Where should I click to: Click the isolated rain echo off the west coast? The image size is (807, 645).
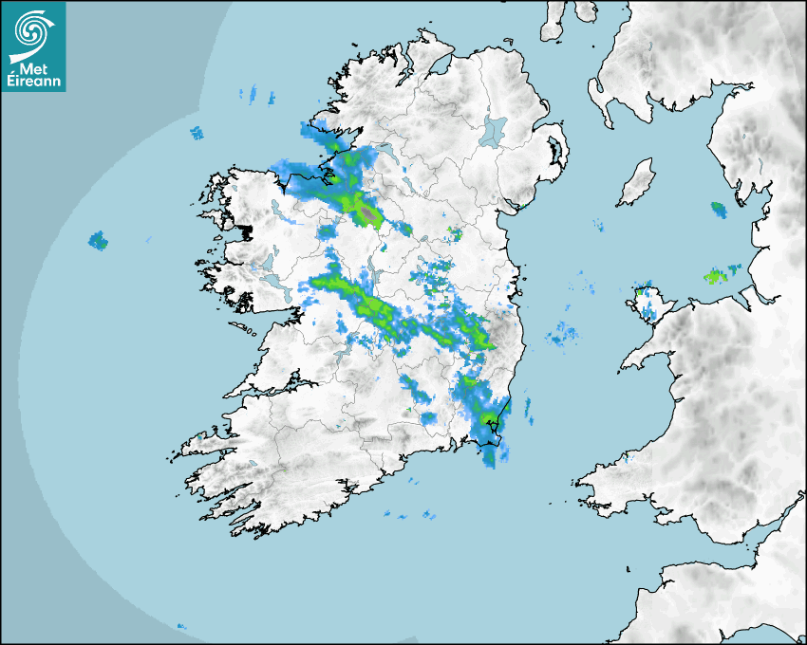[x=98, y=240]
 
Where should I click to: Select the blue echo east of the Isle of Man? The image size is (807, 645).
[x=718, y=208]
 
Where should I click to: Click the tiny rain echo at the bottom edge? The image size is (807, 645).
[x=180, y=626]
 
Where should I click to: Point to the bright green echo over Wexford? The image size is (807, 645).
[x=488, y=417]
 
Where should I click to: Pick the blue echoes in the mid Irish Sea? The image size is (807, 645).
[x=564, y=334]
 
